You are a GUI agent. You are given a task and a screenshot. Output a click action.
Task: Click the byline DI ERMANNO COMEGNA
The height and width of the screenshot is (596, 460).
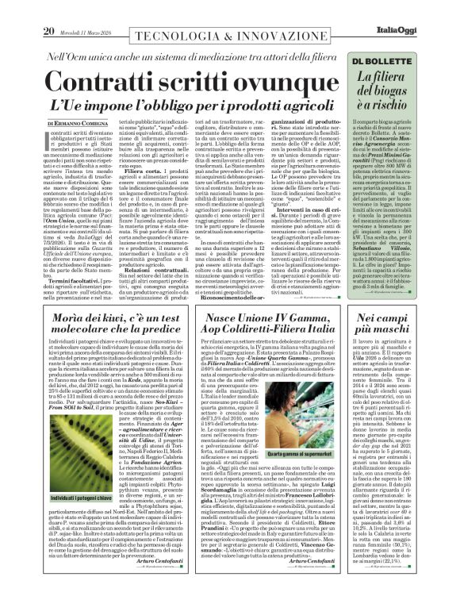point(79,124)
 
